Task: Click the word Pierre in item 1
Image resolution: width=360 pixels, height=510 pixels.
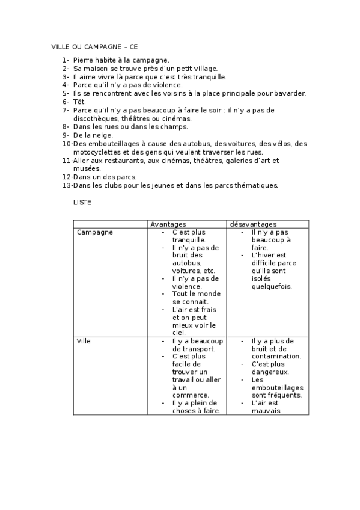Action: (84, 60)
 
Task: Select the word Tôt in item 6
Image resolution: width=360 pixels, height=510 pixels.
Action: (79, 102)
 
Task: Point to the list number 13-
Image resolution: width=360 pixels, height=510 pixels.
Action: (67, 185)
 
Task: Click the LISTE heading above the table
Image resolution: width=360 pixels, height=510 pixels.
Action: (82, 203)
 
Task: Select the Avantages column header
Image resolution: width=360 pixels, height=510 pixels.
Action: (168, 224)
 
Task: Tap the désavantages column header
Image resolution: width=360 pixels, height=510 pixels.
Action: (253, 224)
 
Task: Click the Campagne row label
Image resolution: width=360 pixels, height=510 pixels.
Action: (95, 232)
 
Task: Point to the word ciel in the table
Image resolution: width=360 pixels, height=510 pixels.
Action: (179, 333)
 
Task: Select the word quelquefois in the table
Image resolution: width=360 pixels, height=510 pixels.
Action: (272, 286)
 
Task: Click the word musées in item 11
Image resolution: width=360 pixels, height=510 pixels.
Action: (87, 169)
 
